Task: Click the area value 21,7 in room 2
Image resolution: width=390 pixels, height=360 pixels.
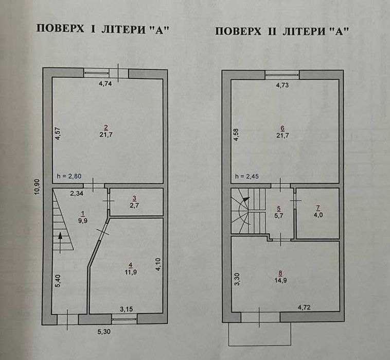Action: tap(106, 135)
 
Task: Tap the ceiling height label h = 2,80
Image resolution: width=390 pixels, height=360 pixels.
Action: tap(69, 176)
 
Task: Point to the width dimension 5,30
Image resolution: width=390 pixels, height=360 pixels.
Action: tap(104, 332)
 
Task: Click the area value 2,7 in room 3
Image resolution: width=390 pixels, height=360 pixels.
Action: tap(134, 206)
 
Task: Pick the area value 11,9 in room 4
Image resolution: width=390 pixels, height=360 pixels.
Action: tap(131, 272)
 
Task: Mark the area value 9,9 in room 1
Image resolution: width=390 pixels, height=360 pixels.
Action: tap(83, 220)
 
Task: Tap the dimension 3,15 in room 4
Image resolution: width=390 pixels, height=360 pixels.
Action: tap(127, 310)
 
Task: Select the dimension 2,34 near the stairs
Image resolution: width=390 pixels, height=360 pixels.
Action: tap(77, 194)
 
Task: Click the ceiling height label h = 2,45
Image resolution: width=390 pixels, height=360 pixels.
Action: tap(247, 176)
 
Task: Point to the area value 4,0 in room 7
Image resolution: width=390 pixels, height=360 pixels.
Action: tap(318, 215)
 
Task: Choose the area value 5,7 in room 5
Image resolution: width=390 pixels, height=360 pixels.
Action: tap(279, 215)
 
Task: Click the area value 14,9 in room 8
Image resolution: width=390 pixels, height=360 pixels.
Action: tap(280, 280)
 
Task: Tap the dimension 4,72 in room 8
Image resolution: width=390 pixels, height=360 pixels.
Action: tap(304, 307)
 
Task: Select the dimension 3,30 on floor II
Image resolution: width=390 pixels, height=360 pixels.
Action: tap(237, 279)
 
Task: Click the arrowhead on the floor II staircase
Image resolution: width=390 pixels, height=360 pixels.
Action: tap(246, 199)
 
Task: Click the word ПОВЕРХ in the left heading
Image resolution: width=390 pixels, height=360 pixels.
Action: tap(60, 29)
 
